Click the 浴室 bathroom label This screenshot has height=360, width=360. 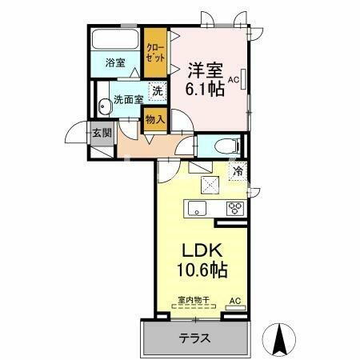[x=115, y=62]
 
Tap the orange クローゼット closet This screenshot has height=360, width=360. [x=155, y=53]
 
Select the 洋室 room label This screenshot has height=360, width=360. [x=205, y=70]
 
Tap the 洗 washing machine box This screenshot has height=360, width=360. [x=158, y=91]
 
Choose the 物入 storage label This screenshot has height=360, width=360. [x=155, y=120]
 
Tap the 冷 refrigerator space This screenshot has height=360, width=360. [x=238, y=170]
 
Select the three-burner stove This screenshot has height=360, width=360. [x=236, y=209]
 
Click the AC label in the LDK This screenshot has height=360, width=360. [x=235, y=301]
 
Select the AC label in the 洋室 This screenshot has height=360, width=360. [x=234, y=81]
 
